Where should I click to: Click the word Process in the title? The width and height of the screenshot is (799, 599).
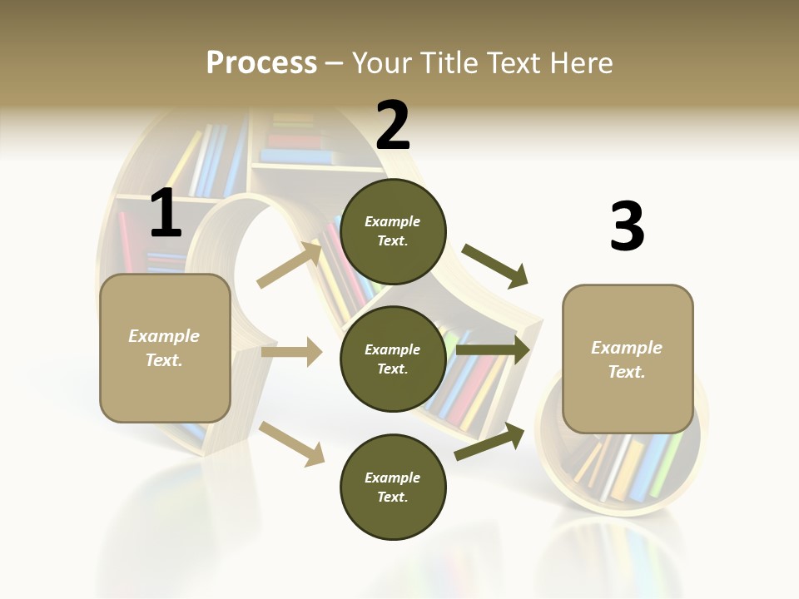coord(261,62)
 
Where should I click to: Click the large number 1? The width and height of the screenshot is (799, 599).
coord(166,214)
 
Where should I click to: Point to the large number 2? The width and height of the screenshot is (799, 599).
coord(393,125)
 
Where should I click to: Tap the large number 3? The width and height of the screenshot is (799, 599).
coord(627,227)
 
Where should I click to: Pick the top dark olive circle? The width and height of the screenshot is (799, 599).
coord(393,231)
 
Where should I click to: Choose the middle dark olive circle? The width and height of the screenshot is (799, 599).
coord(393,359)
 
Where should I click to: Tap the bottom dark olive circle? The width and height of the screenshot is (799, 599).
coord(393,487)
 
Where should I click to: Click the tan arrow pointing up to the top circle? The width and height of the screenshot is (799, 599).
coord(290,265)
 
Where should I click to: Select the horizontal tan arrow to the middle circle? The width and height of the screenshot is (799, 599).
coord(291,352)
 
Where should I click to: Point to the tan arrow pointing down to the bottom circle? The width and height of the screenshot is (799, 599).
coord(292,443)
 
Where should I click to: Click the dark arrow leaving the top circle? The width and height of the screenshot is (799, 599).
coord(495,265)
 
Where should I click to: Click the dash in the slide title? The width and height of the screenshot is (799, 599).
coord(335,63)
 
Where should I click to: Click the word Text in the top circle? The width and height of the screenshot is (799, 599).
coord(393,241)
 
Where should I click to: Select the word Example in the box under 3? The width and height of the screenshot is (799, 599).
coord(627,348)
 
